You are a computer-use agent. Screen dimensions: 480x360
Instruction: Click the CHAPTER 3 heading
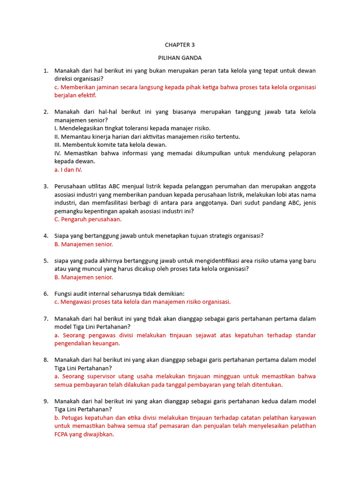coord(180,45)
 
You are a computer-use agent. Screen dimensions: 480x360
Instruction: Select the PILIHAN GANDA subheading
coord(180,58)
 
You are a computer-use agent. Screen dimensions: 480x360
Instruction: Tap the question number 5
coord(46,261)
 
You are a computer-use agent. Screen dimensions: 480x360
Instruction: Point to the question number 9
coord(46,401)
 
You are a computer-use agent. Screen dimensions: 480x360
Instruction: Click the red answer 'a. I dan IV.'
coord(68,170)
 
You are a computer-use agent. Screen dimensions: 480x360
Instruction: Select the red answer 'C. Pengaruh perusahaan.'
coord(88,219)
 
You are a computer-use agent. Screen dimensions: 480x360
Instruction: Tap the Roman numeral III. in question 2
coord(58,145)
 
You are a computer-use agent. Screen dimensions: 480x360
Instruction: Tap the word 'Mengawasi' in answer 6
coord(76,302)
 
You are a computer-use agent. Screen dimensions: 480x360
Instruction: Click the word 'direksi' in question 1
coord(64,79)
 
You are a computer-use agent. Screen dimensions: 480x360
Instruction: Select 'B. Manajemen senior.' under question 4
coord(83,244)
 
